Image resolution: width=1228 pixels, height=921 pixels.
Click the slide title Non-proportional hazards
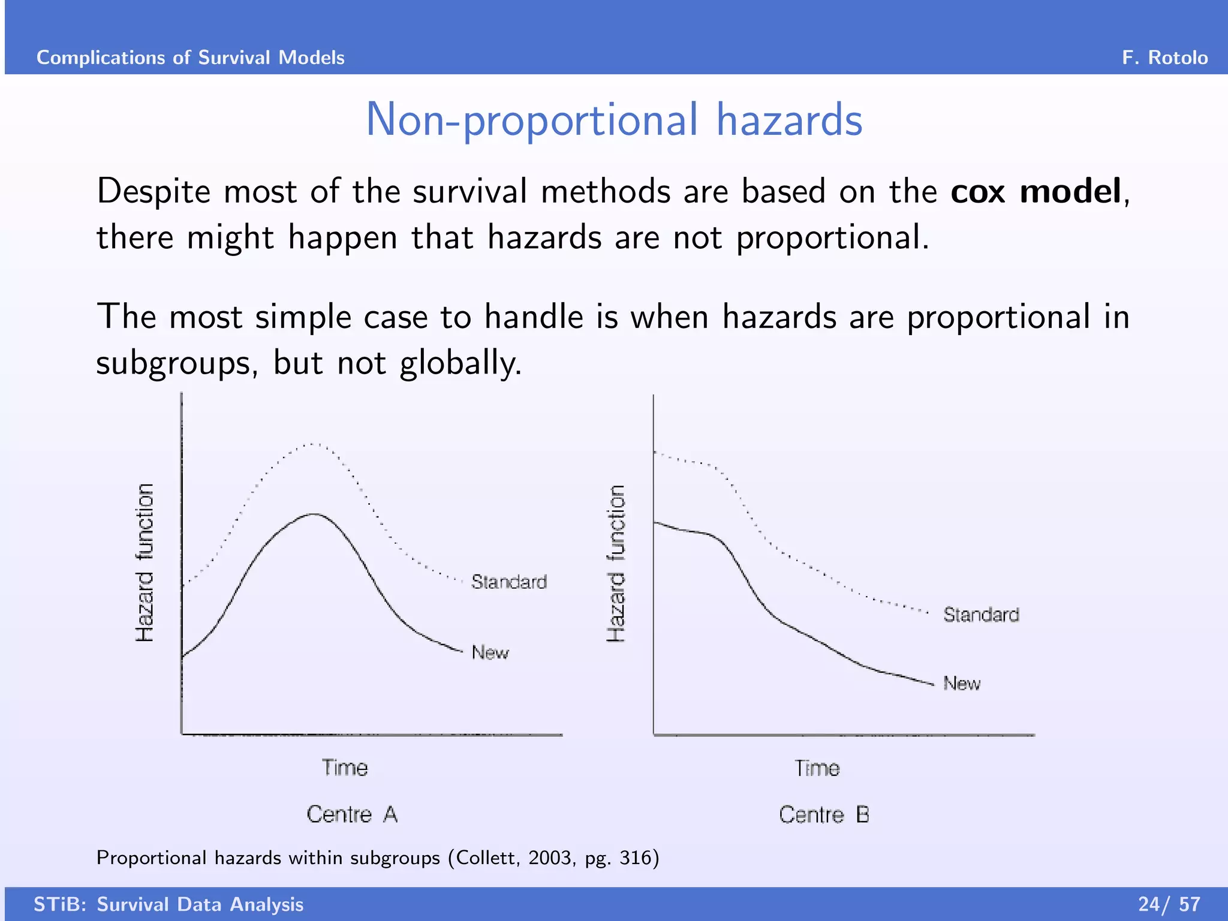tap(614, 120)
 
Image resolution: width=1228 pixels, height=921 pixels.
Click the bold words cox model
tap(1036, 192)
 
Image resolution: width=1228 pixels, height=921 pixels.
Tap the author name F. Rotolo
tap(1164, 58)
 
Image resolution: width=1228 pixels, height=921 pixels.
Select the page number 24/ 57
tap(1169, 904)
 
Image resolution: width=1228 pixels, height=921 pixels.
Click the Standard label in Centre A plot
tap(508, 582)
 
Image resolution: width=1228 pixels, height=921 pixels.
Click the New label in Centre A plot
tap(490, 652)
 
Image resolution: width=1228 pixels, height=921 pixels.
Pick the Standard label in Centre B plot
tap(981, 615)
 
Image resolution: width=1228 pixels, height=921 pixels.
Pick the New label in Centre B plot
tap(962, 684)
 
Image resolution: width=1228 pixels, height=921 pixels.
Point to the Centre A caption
tap(352, 814)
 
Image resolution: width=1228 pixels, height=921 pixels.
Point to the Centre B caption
tap(824, 815)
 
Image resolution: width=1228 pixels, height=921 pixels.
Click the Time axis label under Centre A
tap(345, 768)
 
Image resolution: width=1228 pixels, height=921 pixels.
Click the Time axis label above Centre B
tap(817, 769)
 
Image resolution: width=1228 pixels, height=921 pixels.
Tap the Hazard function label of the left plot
tap(145, 562)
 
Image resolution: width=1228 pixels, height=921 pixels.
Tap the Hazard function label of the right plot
tap(616, 564)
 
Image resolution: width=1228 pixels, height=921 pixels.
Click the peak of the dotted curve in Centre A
tap(312, 444)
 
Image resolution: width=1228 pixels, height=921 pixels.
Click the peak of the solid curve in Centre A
tap(314, 514)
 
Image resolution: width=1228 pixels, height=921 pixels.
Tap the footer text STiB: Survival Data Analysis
tap(168, 904)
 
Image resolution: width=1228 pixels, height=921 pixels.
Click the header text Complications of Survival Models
tap(191, 58)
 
